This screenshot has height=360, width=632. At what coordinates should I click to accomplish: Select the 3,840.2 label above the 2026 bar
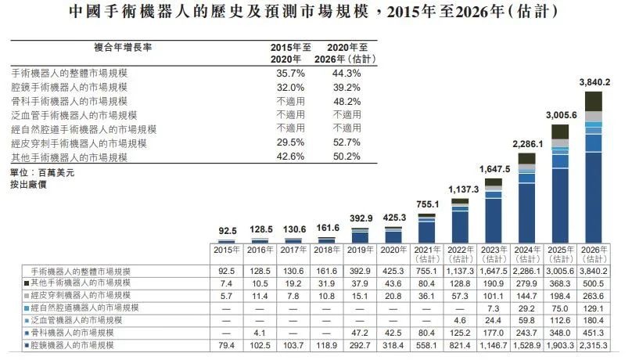point(594,82)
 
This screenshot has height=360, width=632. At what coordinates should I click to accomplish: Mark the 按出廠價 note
point(28,185)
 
